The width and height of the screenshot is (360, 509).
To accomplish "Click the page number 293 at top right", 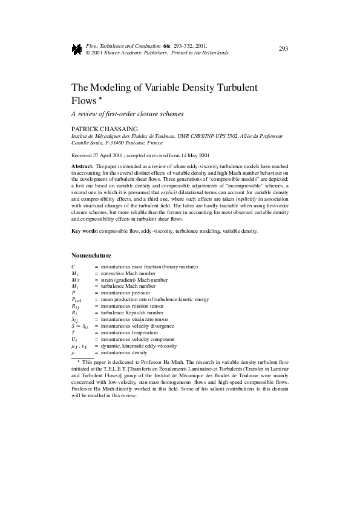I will click(x=283, y=49).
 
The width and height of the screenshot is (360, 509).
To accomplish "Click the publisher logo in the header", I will click(x=76, y=49).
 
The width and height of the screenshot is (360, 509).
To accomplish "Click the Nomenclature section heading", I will click(x=91, y=255).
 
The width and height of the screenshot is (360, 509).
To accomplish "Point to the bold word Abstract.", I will click(x=82, y=165).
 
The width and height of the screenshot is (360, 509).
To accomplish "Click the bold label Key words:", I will click(x=85, y=231).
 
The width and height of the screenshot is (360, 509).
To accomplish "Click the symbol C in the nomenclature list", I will click(x=73, y=267).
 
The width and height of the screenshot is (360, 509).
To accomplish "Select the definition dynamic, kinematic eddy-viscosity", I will click(x=139, y=346).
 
